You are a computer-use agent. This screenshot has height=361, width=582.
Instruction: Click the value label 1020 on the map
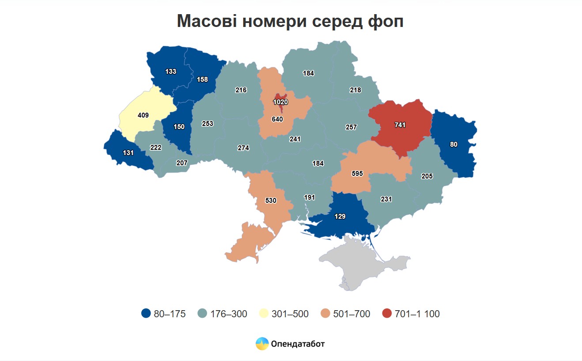tap(280, 102)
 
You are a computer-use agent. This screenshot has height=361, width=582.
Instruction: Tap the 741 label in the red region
tap(400, 125)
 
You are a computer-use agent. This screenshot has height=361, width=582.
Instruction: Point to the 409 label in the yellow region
tap(143, 115)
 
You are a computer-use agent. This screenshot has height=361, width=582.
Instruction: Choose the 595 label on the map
tap(357, 174)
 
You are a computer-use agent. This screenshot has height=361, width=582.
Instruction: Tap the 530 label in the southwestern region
tap(271, 201)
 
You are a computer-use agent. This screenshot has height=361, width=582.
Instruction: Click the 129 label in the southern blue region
tap(340, 217)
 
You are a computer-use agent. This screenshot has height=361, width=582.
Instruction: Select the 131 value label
tap(128, 152)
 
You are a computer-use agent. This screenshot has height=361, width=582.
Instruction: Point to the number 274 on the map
tap(243, 148)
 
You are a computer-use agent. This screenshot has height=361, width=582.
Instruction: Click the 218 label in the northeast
tap(355, 90)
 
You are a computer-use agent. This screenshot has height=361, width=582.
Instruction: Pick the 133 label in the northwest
tap(171, 71)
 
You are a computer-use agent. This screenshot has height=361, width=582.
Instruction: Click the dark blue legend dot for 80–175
tap(146, 314)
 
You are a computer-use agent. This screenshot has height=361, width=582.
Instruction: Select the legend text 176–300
tap(229, 314)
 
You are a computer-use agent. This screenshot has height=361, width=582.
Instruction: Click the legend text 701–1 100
tap(417, 314)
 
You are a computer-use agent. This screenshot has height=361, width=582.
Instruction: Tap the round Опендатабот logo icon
tap(262, 344)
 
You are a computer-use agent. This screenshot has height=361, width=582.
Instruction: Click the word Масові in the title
tap(206, 21)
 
